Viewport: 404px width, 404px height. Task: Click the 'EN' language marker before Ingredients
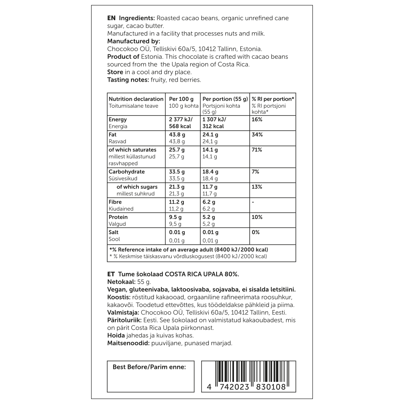point(111,18)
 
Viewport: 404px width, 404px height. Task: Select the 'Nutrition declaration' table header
point(136,99)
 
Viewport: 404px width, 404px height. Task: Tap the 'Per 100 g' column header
point(181,99)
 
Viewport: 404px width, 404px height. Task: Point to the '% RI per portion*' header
point(273,99)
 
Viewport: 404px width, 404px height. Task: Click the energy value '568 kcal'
point(180,127)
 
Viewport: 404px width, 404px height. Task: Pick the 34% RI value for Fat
point(257,135)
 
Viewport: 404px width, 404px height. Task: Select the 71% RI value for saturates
point(257,150)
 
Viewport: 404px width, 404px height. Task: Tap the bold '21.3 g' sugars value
point(177,187)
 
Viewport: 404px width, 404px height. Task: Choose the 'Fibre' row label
point(115,202)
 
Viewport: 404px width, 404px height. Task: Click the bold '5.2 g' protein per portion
point(209,217)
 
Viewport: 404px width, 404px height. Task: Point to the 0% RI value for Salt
point(256,232)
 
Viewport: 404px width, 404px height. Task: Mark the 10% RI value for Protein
point(257,217)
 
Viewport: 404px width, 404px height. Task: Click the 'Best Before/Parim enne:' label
point(149,367)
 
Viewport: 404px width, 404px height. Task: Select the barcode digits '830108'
point(271,387)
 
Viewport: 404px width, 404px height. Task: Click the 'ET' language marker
point(111,274)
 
